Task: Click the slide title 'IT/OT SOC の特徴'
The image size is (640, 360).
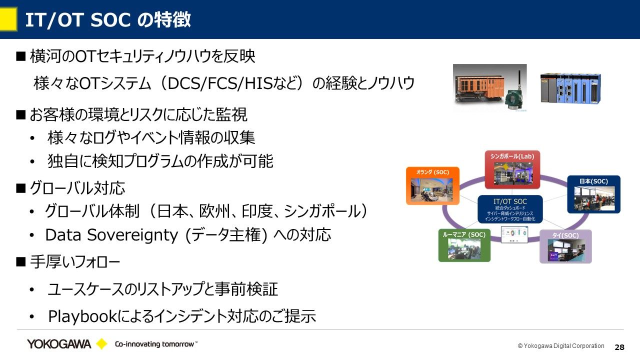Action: [107, 20]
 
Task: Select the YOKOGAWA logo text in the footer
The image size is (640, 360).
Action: [59, 344]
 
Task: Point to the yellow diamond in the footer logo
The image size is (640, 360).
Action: [101, 344]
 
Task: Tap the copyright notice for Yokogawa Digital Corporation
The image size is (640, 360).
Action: [560, 346]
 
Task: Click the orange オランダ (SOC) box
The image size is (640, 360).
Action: [432, 185]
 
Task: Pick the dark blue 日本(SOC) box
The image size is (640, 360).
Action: [593, 194]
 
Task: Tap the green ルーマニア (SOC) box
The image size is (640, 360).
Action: [464, 245]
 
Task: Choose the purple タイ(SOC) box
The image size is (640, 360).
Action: [565, 246]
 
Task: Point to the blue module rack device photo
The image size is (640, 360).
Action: [570, 88]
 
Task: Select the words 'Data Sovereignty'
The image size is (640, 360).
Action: [113, 234]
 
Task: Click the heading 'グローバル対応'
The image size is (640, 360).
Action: [77, 188]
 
